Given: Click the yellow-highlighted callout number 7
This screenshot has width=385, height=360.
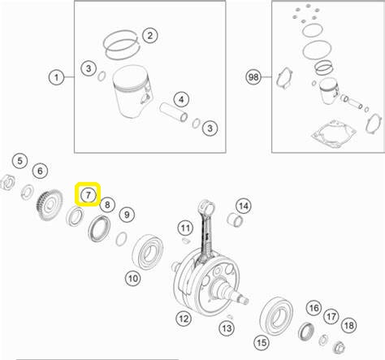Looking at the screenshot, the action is (x=88, y=194).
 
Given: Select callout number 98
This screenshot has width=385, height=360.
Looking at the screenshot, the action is (x=253, y=77).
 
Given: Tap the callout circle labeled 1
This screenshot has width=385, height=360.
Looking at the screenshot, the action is (x=56, y=77).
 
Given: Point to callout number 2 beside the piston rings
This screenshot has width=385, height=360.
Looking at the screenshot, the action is (x=149, y=35).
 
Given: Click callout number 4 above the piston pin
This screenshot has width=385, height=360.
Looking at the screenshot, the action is (x=181, y=99).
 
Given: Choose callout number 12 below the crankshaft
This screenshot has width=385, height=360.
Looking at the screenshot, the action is (x=184, y=319).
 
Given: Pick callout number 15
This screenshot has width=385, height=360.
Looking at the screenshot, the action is (x=262, y=343).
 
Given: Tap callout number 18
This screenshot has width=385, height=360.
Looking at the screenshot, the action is (x=349, y=325).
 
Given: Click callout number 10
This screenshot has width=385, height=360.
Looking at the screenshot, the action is (x=132, y=278).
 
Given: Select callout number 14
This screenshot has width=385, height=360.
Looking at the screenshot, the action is (x=244, y=206).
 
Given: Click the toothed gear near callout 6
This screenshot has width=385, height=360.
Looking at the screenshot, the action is (x=50, y=205).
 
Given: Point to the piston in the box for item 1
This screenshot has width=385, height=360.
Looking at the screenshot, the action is (x=132, y=92).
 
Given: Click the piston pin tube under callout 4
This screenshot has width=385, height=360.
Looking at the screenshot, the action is (x=173, y=112).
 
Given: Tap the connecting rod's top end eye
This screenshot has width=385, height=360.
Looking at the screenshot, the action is (x=208, y=208).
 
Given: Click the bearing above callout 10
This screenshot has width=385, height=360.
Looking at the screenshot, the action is (x=148, y=252).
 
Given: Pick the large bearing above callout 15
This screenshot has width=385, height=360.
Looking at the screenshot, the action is (x=276, y=316).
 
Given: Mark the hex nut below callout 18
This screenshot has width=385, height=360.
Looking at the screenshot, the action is (x=339, y=347).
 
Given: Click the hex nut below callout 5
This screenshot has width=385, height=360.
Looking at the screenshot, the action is (x=7, y=182).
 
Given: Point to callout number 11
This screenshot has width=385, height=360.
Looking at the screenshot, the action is (x=185, y=228).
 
